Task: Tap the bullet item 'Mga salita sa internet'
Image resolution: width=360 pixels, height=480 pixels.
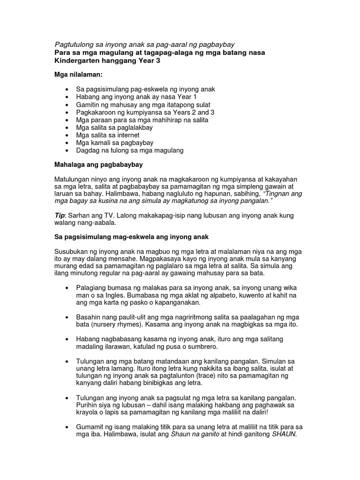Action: (x=108, y=135)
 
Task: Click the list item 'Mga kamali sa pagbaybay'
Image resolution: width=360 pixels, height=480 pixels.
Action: (x=115, y=142)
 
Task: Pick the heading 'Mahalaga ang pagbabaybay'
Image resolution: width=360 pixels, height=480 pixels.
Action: (x=99, y=165)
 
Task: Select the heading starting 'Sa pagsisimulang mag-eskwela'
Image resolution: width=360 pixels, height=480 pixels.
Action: (x=132, y=238)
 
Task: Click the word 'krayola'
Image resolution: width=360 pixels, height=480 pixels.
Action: (x=88, y=412)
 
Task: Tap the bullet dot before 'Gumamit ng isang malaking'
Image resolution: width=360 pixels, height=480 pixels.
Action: (x=68, y=427)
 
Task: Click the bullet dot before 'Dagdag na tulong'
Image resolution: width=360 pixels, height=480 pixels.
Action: (x=68, y=150)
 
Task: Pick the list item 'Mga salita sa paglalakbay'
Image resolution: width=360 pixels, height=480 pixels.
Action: (x=114, y=127)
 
